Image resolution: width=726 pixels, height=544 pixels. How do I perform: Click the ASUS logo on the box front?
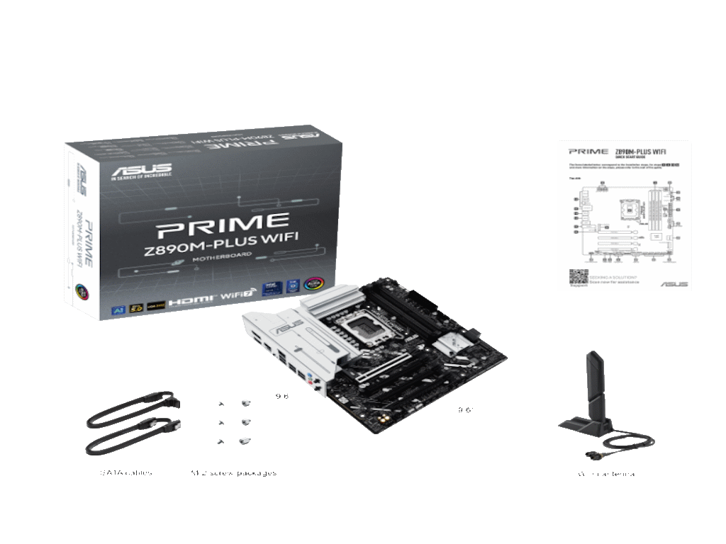click(141, 171)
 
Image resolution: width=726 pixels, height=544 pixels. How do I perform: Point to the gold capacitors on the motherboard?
click(384, 419)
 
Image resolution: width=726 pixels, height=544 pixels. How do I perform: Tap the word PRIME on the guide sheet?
click(588, 151)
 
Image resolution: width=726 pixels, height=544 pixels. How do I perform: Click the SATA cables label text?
click(125, 472)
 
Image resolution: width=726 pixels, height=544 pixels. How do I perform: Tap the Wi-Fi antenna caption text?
click(606, 473)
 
